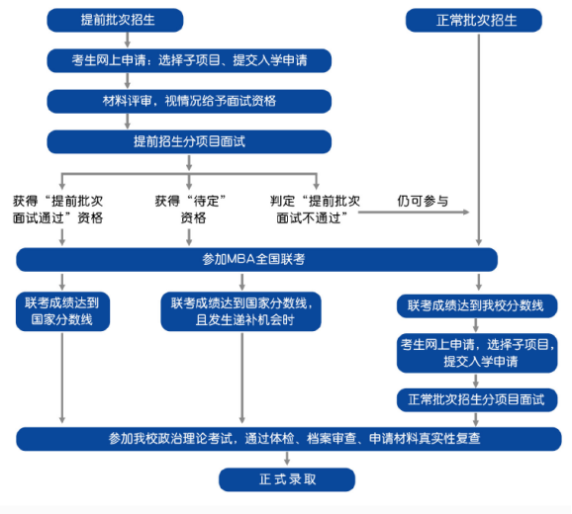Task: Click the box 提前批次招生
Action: [x=115, y=20]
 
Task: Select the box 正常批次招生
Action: [x=473, y=20]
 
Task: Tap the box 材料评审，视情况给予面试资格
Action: [x=189, y=101]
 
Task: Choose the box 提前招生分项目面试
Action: [x=189, y=141]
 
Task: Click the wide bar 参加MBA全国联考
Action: [x=257, y=259]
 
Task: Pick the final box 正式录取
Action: [x=287, y=479]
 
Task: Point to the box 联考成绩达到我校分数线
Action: [x=477, y=305]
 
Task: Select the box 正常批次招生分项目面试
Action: [x=477, y=400]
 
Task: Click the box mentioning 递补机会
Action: [x=240, y=311]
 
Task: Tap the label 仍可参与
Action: [x=423, y=201]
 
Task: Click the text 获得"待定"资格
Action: [x=190, y=210]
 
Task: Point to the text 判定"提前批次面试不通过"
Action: [x=315, y=210]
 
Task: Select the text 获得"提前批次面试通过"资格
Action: [x=57, y=210]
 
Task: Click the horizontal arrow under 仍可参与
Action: [x=414, y=212]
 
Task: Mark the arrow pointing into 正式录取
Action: [x=287, y=459]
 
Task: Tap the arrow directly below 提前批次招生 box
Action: [x=128, y=40]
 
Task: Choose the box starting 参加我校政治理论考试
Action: [x=289, y=439]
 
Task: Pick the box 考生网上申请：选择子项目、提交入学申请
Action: [x=189, y=60]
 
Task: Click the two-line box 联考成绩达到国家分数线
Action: [x=62, y=311]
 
